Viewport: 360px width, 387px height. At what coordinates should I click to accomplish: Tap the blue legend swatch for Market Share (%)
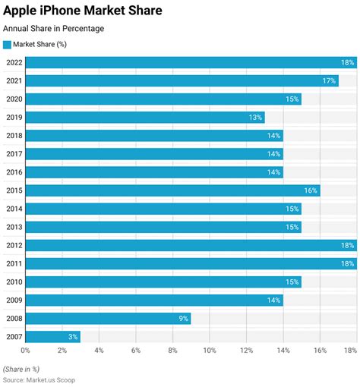pos(8,44)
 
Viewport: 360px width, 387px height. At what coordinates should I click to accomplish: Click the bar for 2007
pos(52,336)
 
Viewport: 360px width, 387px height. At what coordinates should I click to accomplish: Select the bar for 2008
pos(108,318)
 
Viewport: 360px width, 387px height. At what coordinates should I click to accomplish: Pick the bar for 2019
pos(144,118)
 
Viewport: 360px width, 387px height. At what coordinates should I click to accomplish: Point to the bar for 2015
pos(172,190)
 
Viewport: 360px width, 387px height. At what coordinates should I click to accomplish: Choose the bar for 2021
pos(182,80)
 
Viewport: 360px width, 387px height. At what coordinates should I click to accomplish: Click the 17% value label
pos(330,80)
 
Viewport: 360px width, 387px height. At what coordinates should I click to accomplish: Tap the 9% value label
pos(183,318)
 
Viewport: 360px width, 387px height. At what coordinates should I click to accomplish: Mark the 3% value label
pos(72,336)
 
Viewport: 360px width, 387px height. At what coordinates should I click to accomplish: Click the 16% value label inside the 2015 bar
pos(311,190)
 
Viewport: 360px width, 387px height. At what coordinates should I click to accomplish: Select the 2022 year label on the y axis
pos(13,62)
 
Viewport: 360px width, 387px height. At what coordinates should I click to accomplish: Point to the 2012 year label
pos(13,245)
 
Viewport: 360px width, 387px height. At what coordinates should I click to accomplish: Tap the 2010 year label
pos(13,282)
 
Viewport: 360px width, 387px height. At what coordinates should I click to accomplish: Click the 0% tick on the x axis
pos(25,351)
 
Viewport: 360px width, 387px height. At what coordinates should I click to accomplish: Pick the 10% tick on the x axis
pos(210,351)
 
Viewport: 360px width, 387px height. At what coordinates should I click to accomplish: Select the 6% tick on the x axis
pos(136,351)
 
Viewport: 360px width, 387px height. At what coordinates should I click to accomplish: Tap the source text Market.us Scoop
pos(39,379)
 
